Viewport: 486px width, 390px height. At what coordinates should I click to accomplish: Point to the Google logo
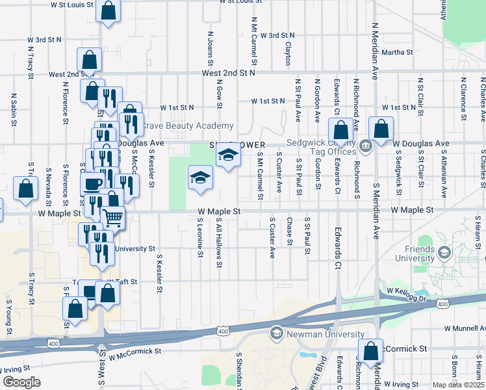pyautogui.click(x=21, y=382)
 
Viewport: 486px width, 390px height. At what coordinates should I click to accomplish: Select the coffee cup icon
pyautogui.click(x=92, y=184)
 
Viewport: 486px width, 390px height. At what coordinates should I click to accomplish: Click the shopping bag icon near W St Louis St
pyautogui.click(x=108, y=10)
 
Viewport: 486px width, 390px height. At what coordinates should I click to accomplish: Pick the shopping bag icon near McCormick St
pyautogui.click(x=370, y=351)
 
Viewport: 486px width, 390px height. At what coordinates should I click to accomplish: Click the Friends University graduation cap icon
pyautogui.click(x=445, y=252)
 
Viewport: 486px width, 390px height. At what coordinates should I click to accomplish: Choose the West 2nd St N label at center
pyautogui.click(x=228, y=73)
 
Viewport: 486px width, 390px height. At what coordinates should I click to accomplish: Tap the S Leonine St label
pyautogui.click(x=200, y=237)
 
